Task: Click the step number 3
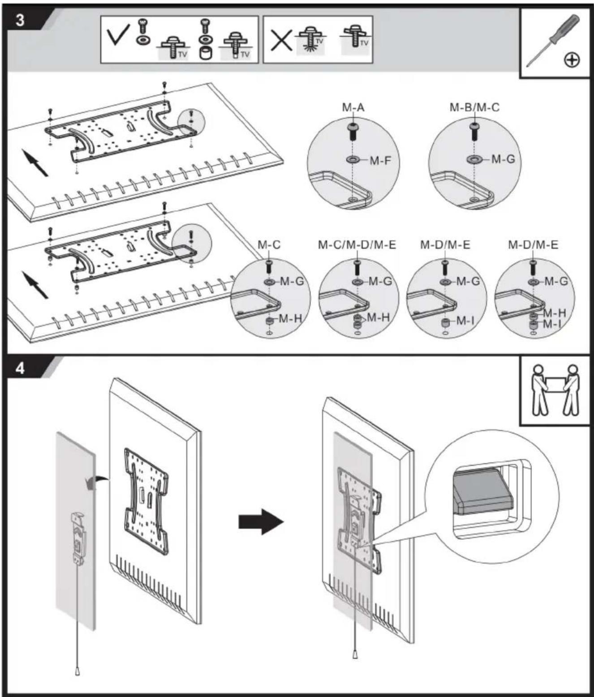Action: [20, 20]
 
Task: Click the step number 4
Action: [20, 368]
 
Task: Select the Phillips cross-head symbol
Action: [572, 60]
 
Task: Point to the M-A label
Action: [353, 107]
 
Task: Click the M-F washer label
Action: [380, 161]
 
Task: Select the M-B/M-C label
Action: [474, 107]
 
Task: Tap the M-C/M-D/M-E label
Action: [357, 244]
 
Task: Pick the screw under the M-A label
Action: [353, 131]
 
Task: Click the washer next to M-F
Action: [353, 159]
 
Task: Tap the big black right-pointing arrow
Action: [261, 522]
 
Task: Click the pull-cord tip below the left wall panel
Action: [77, 672]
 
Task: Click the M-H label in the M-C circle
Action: [290, 318]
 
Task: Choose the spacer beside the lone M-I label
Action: [445, 322]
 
